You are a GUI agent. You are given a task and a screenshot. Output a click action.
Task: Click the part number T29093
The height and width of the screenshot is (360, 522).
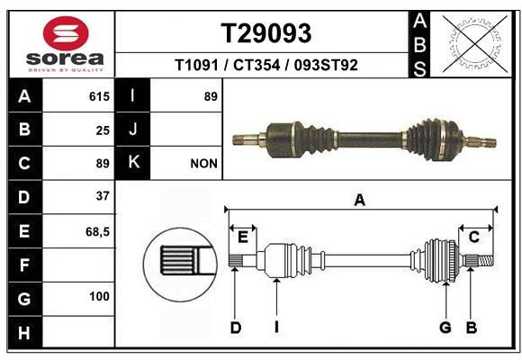click(266, 33)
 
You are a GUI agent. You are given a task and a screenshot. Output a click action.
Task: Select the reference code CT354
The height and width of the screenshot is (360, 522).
click(268, 65)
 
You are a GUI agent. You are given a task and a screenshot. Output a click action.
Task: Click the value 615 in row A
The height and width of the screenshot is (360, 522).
click(99, 96)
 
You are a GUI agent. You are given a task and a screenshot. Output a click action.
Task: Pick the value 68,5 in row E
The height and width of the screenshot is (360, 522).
click(97, 231)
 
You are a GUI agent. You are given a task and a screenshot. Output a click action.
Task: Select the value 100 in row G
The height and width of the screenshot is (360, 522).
click(99, 296)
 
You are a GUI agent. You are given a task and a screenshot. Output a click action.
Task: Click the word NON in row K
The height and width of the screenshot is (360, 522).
click(202, 164)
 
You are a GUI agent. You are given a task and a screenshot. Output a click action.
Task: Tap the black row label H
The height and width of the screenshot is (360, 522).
click(23, 334)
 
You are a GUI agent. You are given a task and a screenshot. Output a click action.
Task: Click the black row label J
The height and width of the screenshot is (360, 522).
click(133, 130)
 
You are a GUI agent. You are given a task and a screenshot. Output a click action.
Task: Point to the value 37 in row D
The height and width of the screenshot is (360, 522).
click(103, 195)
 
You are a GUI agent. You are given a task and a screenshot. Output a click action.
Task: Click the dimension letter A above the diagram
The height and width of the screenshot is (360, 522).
click(359, 200)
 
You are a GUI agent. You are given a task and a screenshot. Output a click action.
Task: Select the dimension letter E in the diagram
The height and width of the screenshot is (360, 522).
click(242, 237)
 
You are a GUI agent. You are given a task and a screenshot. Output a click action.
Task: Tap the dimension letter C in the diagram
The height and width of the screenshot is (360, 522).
click(472, 237)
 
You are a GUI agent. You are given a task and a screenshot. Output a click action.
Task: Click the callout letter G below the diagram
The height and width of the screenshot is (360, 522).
click(445, 328)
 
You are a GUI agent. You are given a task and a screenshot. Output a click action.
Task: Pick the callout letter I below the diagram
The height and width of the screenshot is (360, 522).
click(276, 328)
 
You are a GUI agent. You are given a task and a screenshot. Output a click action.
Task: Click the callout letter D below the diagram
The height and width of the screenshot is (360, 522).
click(235, 328)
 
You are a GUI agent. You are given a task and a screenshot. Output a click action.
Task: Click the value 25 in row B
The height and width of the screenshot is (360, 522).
click(103, 130)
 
